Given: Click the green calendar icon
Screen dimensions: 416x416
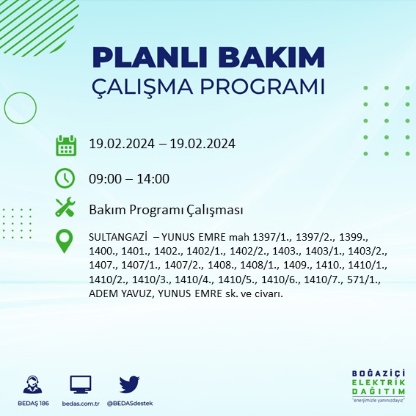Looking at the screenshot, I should [x=66, y=145].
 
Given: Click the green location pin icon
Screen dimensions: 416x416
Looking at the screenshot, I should [x=66, y=241].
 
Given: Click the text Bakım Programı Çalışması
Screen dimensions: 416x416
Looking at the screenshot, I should [x=165, y=211].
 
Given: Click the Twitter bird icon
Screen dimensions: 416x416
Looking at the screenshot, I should [x=129, y=384].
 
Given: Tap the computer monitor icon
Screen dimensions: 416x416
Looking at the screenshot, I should [x=81, y=384].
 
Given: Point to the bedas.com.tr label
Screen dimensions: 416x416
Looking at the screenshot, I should [x=81, y=404].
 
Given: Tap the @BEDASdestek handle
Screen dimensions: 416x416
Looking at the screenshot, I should [x=129, y=404].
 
